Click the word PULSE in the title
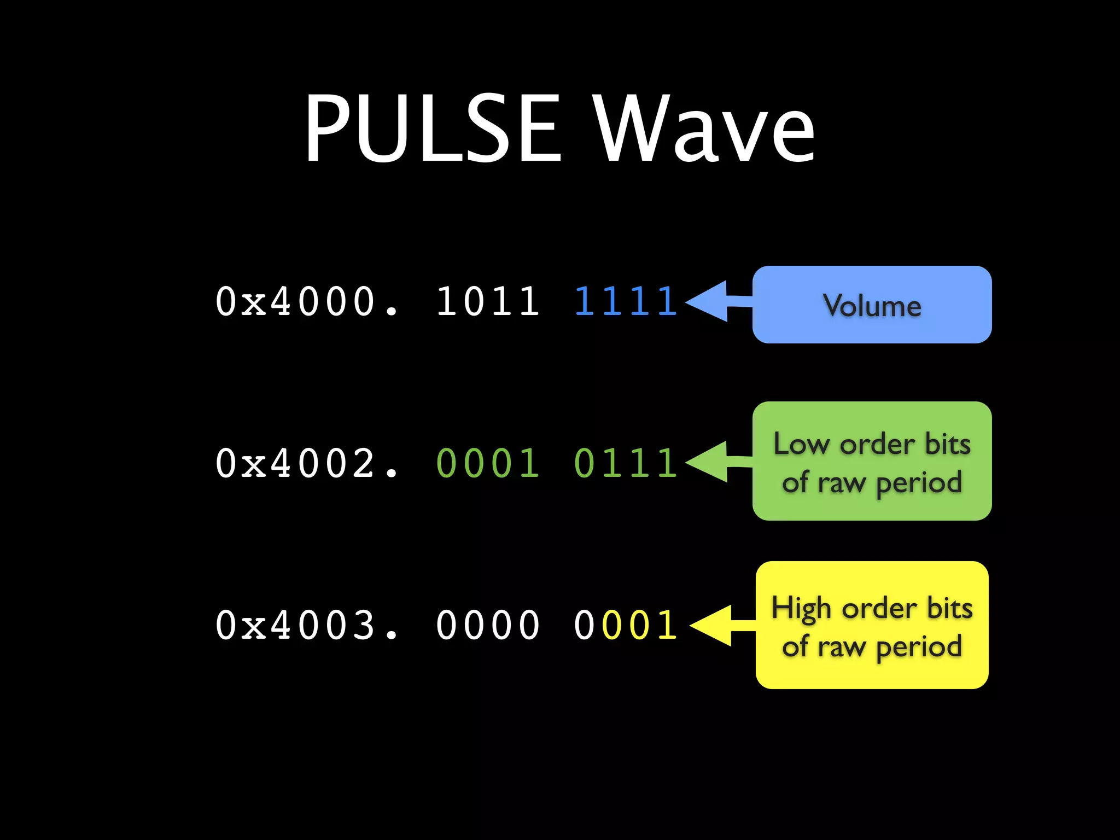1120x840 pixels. pyautogui.click(x=432, y=129)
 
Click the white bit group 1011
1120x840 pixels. pyautogui.click(x=488, y=301)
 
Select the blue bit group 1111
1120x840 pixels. pyautogui.click(x=626, y=301)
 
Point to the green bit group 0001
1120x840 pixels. pyautogui.click(x=488, y=463)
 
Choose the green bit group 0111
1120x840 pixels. pyautogui.click(x=626, y=463)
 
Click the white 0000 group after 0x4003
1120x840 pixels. pyautogui.click(x=488, y=625)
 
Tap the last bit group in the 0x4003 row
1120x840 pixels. pyautogui.click(x=626, y=625)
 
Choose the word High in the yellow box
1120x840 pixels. pyautogui.click(x=802, y=609)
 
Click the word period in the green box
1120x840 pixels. pyautogui.click(x=919, y=483)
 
